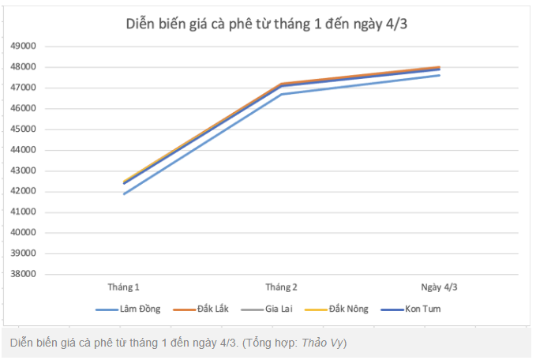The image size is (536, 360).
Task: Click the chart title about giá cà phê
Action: (x=267, y=24)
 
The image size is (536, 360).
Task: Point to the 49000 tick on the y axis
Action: (x=24, y=46)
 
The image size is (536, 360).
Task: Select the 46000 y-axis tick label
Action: (x=24, y=108)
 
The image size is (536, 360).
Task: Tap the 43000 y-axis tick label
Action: (x=24, y=171)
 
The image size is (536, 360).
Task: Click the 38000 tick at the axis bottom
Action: (x=24, y=274)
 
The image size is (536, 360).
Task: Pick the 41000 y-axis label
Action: (x=24, y=212)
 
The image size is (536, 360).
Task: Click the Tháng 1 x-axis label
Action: (x=124, y=287)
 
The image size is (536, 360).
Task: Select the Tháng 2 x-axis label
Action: (x=282, y=287)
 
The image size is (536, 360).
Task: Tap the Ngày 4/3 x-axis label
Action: (x=440, y=287)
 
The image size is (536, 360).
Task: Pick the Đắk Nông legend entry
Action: (x=347, y=309)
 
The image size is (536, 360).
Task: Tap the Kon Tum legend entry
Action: (x=422, y=309)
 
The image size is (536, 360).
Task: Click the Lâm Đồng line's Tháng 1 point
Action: (x=124, y=193)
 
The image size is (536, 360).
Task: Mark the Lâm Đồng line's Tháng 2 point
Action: (x=282, y=94)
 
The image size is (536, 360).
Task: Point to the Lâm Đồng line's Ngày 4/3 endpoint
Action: (x=440, y=75)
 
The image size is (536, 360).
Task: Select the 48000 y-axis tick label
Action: (x=24, y=66)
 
